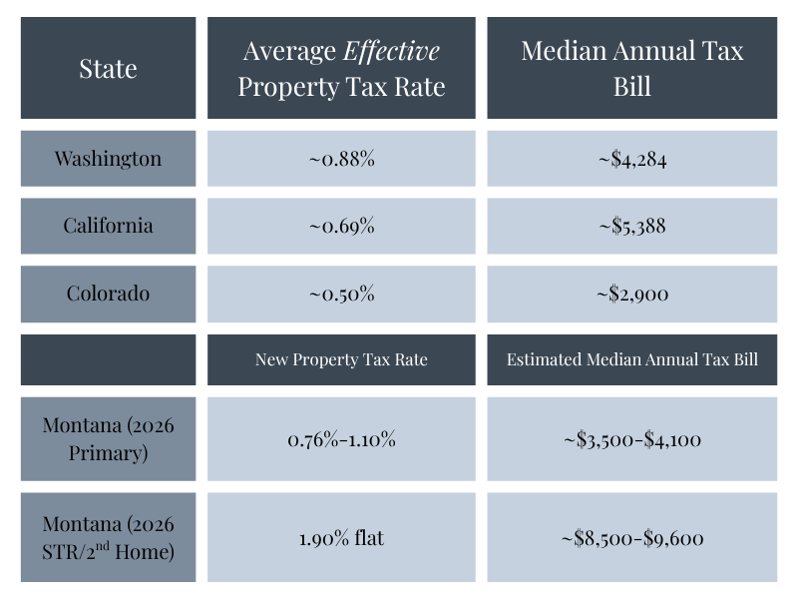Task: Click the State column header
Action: coord(108,69)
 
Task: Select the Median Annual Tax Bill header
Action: coord(632,68)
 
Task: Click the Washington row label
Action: coord(108,158)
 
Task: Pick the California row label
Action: coord(108,226)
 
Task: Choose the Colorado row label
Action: coord(108,294)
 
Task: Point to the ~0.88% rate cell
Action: coord(341,158)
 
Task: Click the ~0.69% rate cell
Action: coord(341,226)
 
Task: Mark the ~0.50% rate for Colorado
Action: coord(341,294)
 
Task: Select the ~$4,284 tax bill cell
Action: coord(632,158)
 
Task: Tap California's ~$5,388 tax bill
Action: coord(632,226)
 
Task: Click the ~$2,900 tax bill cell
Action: coord(632,294)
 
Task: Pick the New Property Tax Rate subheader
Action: coord(341,359)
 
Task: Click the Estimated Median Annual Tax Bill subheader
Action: coord(632,359)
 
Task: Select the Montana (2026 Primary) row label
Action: coord(108,438)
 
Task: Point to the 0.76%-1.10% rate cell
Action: coord(341,438)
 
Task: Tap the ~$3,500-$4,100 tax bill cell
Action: coord(632,438)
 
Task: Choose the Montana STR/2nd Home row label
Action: coord(108,537)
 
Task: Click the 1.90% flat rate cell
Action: coord(341,538)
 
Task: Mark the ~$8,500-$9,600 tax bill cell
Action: coord(632,538)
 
